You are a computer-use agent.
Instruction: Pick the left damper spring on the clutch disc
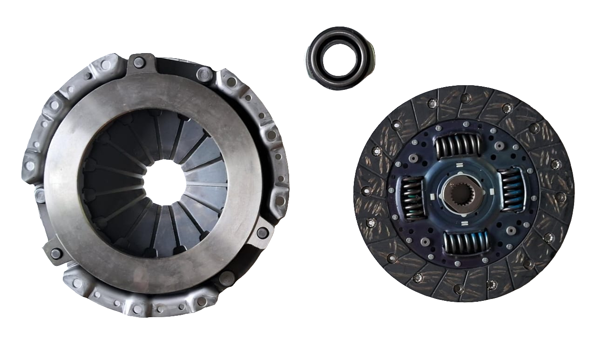click(413, 198)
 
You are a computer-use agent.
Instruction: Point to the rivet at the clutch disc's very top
click(465, 97)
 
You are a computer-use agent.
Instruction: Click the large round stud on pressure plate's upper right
click(204, 74)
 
